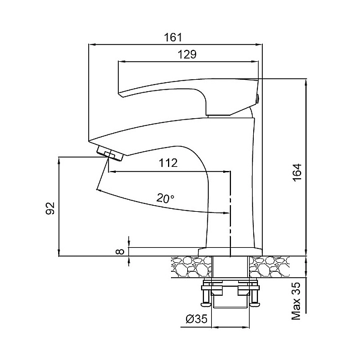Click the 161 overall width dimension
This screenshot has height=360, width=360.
[173, 37]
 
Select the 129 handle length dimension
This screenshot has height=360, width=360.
[187, 55]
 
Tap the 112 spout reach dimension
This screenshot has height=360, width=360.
[168, 163]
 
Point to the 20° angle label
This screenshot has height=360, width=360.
[166, 198]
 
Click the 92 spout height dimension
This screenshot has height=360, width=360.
[50, 208]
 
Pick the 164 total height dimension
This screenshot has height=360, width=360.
[297, 172]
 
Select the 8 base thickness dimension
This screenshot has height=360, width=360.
[121, 251]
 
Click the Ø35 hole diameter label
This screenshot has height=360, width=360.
[197, 319]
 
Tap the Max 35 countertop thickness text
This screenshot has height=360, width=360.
[296, 301]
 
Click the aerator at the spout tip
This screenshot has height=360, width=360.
[110, 154]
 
